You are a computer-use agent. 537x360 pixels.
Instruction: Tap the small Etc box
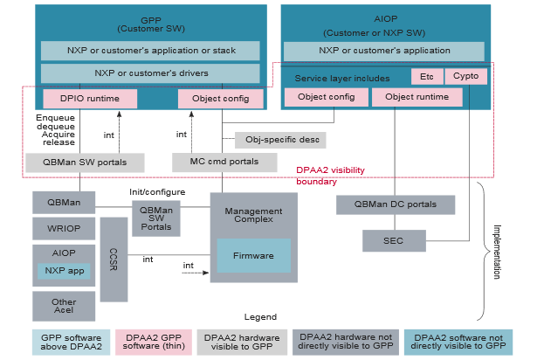427,76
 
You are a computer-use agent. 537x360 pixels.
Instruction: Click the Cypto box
465,76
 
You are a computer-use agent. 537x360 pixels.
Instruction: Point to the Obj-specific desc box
280,140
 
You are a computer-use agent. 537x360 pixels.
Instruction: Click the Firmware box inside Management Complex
253,256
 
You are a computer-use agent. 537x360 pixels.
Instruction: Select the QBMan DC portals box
396,204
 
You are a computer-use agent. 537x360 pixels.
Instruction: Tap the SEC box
394,240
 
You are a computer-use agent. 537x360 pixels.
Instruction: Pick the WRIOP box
64,230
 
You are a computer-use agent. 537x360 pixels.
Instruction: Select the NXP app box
63,271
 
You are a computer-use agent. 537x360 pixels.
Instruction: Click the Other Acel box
64,305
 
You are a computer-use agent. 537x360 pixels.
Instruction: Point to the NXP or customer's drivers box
150,73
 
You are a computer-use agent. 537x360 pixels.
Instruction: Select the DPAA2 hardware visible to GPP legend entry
242,342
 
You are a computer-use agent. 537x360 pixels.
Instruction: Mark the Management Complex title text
253,216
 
